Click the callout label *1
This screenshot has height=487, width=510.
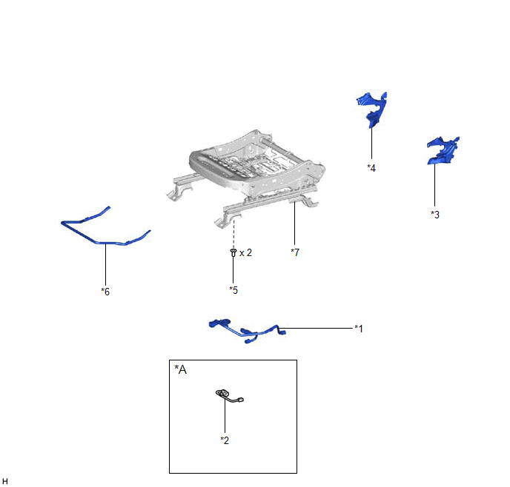point(359,328)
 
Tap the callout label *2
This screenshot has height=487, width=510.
point(225,440)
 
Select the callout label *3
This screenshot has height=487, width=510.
point(435,215)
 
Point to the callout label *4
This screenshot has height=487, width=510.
point(371,168)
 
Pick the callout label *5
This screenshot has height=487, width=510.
point(234,290)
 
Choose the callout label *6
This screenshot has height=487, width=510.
point(105,292)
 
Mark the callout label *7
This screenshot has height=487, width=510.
point(295,252)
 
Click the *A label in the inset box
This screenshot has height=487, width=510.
point(181,369)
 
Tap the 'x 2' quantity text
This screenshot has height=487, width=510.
point(245,252)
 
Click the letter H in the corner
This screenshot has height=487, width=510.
point(5,481)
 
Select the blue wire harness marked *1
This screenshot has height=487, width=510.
point(247,332)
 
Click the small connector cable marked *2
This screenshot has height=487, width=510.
point(229,396)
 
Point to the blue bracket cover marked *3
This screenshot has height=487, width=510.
point(443,150)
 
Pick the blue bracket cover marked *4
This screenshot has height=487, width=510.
point(372,110)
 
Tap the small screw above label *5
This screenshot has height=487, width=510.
point(234,252)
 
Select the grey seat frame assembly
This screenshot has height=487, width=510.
point(246,178)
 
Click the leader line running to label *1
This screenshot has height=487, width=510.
point(316,328)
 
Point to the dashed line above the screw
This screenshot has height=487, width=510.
point(234,234)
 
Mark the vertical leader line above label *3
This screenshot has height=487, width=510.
point(435,185)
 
